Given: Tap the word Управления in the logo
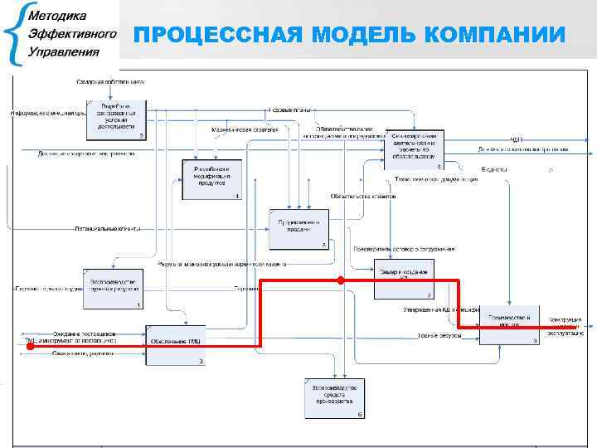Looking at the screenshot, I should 63,51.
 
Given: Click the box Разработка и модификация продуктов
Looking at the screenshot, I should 211,178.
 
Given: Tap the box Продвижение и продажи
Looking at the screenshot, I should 298,228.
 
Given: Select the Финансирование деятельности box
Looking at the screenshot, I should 414,149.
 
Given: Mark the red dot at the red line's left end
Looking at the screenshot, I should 29,347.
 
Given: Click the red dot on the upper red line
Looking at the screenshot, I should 341,281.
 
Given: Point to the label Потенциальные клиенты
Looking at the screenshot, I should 108,226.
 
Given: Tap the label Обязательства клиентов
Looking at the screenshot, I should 363,197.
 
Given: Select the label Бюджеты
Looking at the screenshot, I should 494,169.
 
